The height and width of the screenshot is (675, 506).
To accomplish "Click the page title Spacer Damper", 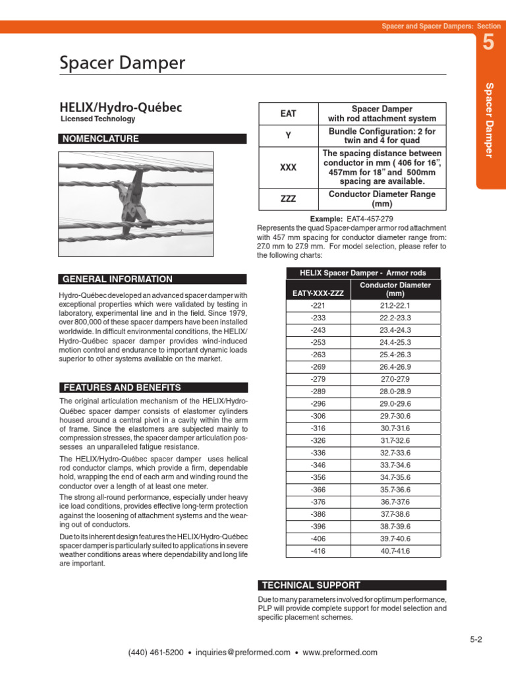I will [x=123, y=64].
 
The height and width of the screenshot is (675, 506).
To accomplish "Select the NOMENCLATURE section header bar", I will [x=153, y=139].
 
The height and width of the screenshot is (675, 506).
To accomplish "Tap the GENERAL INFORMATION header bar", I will [x=153, y=279].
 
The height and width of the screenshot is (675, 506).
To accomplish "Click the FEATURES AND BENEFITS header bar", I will [x=153, y=388].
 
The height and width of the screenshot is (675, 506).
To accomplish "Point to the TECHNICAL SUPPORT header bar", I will [x=351, y=585].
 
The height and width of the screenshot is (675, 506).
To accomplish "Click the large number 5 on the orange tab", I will [x=488, y=44].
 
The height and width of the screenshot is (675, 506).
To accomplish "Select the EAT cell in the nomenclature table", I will [x=288, y=113].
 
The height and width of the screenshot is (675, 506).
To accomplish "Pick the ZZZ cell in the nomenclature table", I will [x=288, y=199].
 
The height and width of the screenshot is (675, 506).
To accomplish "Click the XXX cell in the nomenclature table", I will [x=288, y=167].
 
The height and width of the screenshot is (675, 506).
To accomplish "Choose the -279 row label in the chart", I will [x=318, y=379].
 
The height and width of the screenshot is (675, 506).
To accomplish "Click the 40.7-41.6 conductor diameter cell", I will [x=395, y=550].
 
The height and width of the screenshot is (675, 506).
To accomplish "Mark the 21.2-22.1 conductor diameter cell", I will [x=395, y=306].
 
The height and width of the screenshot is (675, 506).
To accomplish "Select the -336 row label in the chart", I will [x=318, y=453].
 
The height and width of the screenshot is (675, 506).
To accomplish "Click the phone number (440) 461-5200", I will [x=155, y=653].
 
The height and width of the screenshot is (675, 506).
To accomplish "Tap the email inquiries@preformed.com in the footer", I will [x=243, y=653].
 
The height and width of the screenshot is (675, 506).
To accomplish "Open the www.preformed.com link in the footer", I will [x=340, y=653].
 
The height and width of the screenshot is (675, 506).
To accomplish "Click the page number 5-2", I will [x=476, y=639].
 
